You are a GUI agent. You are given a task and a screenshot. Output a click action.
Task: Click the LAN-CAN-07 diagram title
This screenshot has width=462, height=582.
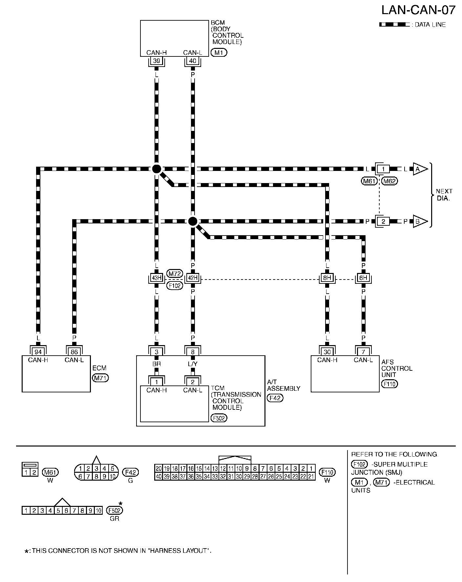pyautogui.click(x=418, y=10)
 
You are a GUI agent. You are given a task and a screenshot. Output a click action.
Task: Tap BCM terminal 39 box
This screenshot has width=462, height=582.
pyautogui.click(x=157, y=61)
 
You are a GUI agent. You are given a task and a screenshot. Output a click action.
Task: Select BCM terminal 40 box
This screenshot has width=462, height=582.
pyautogui.click(x=193, y=61)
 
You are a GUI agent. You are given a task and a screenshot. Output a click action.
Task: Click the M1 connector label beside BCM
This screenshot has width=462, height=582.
pyautogui.click(x=219, y=52)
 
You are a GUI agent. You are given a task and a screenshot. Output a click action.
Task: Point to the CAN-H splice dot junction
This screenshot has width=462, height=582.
pyautogui.click(x=157, y=169)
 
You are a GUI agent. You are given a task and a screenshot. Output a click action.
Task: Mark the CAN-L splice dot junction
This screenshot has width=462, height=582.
pyautogui.click(x=193, y=221)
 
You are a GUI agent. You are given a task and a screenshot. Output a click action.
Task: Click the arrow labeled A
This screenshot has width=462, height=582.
pyautogui.click(x=420, y=169)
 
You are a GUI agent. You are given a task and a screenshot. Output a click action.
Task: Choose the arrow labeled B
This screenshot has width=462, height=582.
pyautogui.click(x=420, y=221)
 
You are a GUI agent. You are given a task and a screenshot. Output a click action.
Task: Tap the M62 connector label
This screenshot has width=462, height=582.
pyautogui.click(x=390, y=181)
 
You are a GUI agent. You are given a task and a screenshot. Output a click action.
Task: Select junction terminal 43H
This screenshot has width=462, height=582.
pyautogui.click(x=157, y=278)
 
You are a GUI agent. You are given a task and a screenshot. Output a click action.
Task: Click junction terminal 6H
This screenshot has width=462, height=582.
pyautogui.click(x=363, y=278)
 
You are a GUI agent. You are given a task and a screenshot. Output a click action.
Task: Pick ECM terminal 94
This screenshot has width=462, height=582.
pyautogui.click(x=38, y=352)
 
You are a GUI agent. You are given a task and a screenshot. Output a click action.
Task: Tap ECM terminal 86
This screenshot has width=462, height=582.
pyautogui.click(x=74, y=352)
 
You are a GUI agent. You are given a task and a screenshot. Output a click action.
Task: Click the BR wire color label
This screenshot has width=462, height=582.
pyautogui.click(x=157, y=364)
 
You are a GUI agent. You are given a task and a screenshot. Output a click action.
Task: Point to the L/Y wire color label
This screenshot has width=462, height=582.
pyautogui.click(x=193, y=364)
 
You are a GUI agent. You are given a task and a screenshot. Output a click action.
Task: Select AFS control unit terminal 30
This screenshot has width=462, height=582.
pyautogui.click(x=327, y=352)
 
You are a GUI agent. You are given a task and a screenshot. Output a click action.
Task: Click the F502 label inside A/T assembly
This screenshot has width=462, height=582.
pyautogui.click(x=219, y=418)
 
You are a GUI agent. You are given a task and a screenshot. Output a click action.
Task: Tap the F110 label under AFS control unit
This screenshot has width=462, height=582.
pyautogui.click(x=389, y=384)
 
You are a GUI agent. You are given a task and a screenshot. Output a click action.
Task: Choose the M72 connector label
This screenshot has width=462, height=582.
pyautogui.click(x=175, y=273)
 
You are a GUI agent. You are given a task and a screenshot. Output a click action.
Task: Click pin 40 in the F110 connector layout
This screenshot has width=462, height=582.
pyautogui.click(x=159, y=477)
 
